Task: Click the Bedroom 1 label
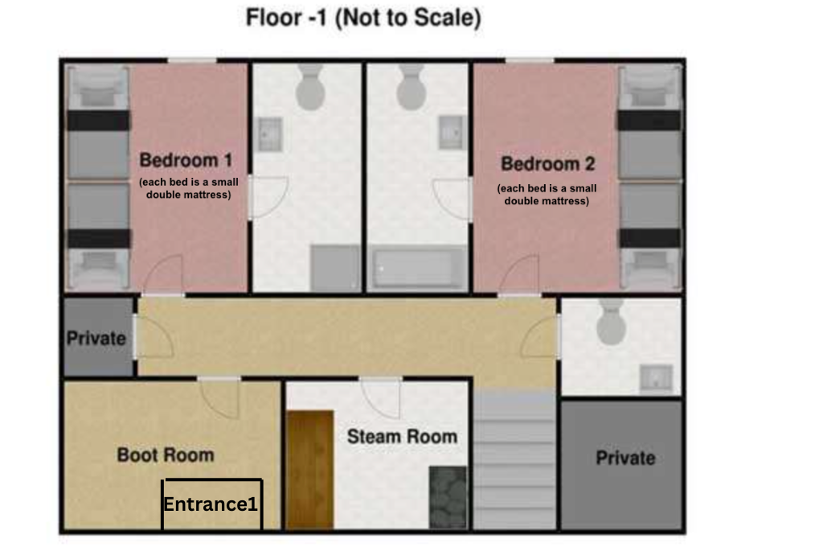coord(186,159)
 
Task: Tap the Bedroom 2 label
coord(547,164)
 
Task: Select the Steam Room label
coord(402,437)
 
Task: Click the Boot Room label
coord(166,454)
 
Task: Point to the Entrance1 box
coord(212,504)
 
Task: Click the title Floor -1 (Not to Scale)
coord(363,19)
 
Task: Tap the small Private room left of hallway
coord(96,338)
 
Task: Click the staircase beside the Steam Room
coord(514,460)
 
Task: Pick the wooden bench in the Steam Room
coord(309,469)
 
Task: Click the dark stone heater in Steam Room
coord(448,497)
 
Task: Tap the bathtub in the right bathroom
coord(417,269)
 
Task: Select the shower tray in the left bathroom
coord(335,268)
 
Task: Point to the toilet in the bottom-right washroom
coord(612,323)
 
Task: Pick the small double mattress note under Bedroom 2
coord(547,195)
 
